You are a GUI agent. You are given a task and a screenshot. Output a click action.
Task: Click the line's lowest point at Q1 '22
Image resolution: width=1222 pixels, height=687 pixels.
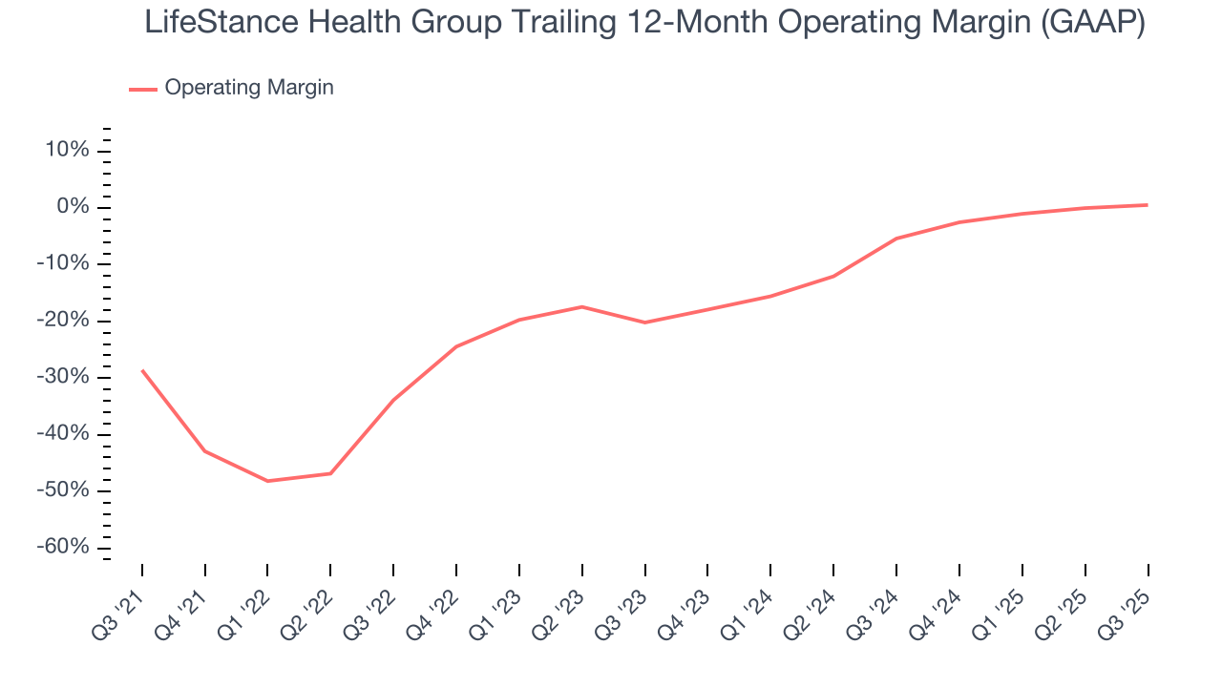click(267, 481)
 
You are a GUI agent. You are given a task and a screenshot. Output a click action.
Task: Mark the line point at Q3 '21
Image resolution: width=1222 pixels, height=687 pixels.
click(142, 370)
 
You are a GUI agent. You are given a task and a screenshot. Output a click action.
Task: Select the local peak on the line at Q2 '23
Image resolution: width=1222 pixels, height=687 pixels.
click(582, 306)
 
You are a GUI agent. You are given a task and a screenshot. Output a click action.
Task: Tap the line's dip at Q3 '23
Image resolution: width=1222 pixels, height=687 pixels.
click(644, 323)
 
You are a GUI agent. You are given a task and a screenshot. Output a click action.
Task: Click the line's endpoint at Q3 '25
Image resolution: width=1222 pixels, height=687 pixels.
click(1148, 205)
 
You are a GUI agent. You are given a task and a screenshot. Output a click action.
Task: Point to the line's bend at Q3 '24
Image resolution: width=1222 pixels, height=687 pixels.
click(896, 239)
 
